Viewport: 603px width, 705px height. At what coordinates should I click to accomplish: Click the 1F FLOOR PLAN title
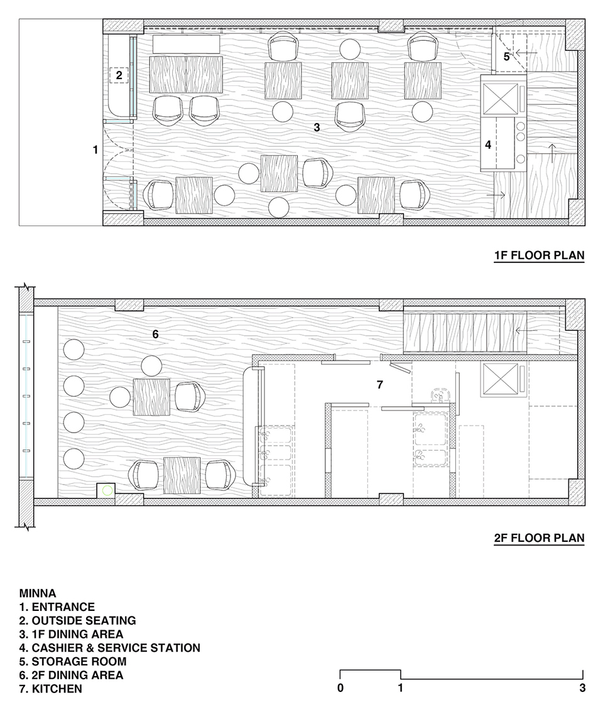[539, 256]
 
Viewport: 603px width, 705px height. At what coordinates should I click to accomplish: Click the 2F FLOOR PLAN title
[539, 538]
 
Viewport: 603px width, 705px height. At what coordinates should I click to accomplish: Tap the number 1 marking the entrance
[95, 149]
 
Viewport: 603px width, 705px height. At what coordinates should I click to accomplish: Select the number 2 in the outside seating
[119, 75]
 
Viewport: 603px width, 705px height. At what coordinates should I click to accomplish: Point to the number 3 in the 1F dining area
[317, 127]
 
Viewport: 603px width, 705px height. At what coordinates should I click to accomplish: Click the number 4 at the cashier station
[488, 145]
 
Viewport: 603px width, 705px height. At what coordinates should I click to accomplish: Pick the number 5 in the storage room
[507, 57]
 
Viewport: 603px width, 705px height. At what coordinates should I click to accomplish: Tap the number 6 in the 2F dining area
[155, 334]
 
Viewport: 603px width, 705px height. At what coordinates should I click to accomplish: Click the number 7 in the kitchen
[380, 385]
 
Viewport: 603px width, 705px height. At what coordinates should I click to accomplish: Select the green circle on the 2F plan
[107, 490]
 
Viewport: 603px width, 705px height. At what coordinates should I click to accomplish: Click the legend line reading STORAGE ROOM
[73, 662]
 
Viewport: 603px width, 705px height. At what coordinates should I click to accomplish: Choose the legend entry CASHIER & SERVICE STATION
[110, 648]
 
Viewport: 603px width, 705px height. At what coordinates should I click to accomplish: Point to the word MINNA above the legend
[38, 593]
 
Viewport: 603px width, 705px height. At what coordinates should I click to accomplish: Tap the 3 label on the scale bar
[582, 688]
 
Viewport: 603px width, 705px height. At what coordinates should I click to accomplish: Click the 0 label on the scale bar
[340, 688]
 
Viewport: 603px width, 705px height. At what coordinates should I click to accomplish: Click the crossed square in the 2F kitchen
[501, 379]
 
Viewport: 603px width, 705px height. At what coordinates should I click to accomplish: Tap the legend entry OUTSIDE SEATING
[77, 620]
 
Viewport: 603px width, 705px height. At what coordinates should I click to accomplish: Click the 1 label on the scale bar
[401, 688]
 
